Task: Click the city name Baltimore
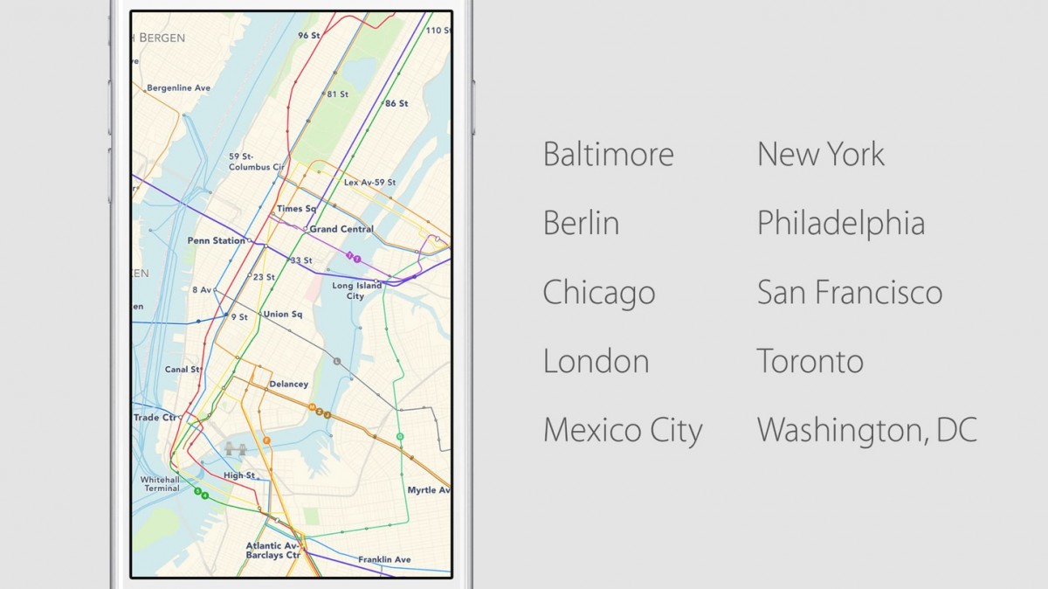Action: tap(608, 155)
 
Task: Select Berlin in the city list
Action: tap(581, 223)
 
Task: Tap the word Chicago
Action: tap(598, 293)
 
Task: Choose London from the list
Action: tap(596, 361)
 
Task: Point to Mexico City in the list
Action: tap(622, 430)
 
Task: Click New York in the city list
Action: tap(820, 155)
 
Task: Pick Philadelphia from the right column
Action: tap(840, 223)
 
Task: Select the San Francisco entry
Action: tap(849, 292)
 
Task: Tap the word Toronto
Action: tap(810, 361)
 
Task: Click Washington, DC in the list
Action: tap(866, 430)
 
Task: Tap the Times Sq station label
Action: tap(296, 209)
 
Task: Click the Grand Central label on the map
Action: tap(341, 229)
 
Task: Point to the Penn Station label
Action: tap(216, 240)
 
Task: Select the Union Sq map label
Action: tap(282, 315)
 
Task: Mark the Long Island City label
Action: tap(356, 290)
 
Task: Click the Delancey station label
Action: tap(288, 385)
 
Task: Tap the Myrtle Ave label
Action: tap(428, 490)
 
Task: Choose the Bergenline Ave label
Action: tap(178, 88)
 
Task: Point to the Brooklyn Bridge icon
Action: tap(234, 449)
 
